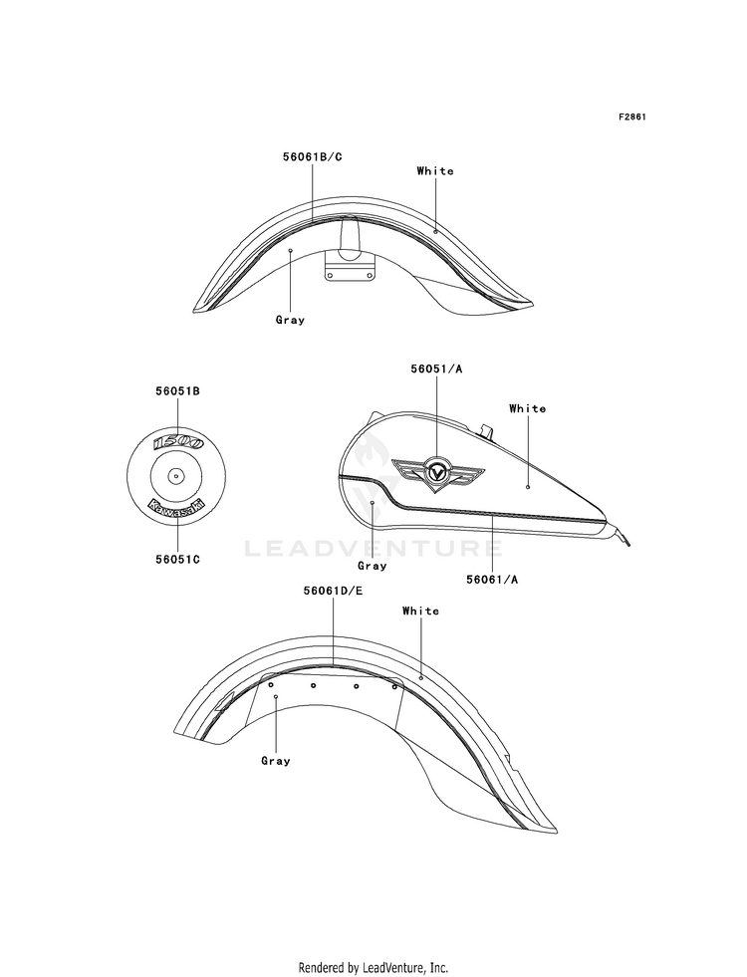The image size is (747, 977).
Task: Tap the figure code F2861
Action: [x=632, y=118]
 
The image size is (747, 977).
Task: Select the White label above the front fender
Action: [x=435, y=171]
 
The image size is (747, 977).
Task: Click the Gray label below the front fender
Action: [x=291, y=320]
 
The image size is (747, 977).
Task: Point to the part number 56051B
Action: [x=177, y=392]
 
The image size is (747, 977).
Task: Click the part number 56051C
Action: [x=177, y=561]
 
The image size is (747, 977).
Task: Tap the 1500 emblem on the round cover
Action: [x=177, y=442]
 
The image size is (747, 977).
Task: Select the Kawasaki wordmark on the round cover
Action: [x=176, y=506]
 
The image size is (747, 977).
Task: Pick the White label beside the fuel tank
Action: [x=528, y=408]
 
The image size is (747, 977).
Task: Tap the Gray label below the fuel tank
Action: [x=372, y=566]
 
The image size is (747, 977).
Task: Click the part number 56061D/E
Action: [x=334, y=590]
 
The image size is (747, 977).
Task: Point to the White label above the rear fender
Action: [x=421, y=611]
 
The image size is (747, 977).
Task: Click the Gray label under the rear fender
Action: [x=276, y=761]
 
